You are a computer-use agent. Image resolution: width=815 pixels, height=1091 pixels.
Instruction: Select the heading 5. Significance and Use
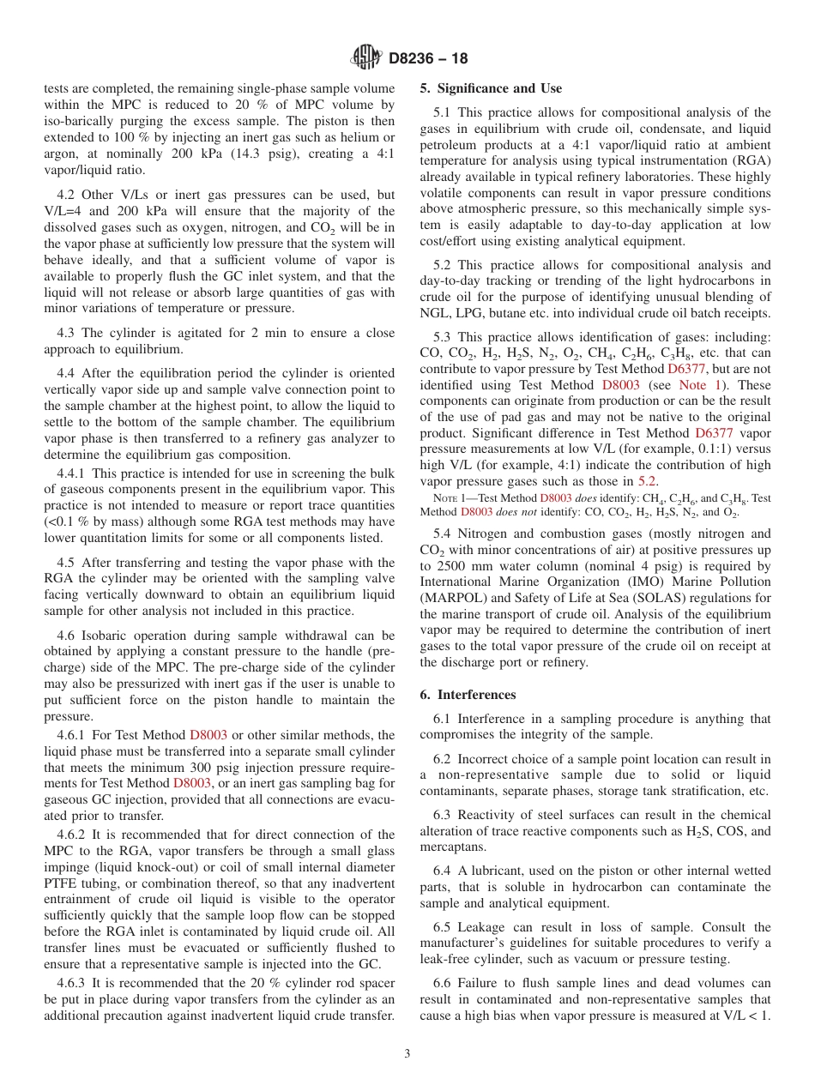491,88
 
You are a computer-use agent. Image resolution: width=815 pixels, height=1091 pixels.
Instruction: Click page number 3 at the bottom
407,1053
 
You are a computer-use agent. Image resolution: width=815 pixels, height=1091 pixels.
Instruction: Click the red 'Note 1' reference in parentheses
692,385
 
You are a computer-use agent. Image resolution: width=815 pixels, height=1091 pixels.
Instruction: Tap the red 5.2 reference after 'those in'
649,482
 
